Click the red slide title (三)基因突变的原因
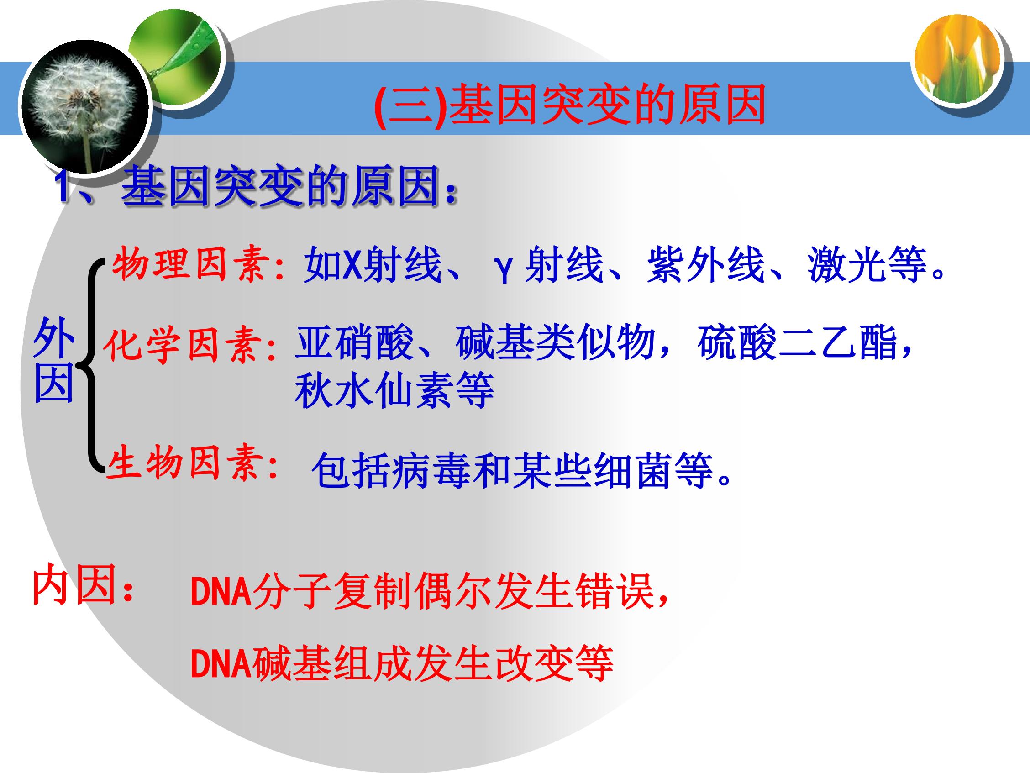(570, 104)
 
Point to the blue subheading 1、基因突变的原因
(256, 186)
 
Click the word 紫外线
(706, 265)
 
